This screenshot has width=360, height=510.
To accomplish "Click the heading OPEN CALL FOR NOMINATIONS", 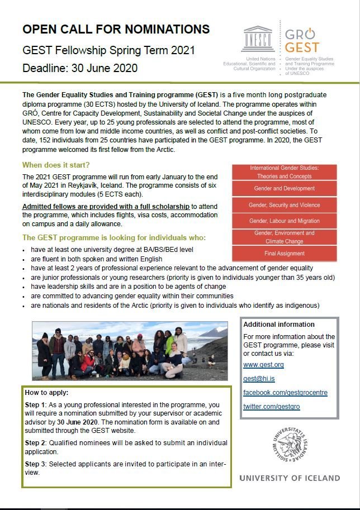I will click(116, 30).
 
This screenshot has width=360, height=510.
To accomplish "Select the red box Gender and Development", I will click(285, 189).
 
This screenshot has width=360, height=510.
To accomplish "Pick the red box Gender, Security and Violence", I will click(285, 205).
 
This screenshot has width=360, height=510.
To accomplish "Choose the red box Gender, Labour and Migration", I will click(285, 221).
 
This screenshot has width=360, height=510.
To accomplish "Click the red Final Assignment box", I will click(285, 253).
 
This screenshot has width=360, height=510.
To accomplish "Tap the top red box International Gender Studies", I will click(285, 171).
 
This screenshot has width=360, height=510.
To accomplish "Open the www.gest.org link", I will click(263, 365).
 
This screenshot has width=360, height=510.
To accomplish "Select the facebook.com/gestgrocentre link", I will click(285, 393).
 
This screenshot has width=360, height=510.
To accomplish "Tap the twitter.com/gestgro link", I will click(271, 407).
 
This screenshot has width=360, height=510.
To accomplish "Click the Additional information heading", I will click(279, 325).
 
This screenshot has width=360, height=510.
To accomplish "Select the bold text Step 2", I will click(37, 442).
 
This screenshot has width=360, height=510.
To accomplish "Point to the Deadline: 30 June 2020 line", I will click(79, 69).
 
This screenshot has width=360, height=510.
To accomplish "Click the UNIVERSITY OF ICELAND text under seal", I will click(289, 478).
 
